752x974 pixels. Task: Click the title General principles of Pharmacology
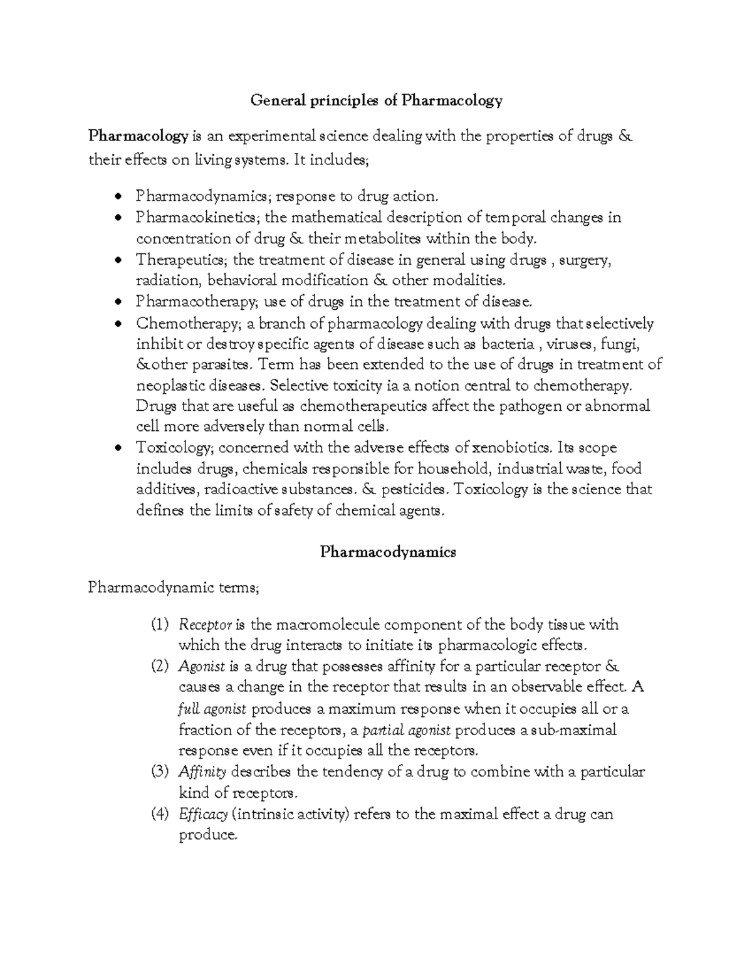[377, 100]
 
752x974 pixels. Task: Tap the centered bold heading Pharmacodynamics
[388, 552]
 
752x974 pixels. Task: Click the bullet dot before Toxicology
[118, 448]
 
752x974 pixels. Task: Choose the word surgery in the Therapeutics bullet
[585, 260]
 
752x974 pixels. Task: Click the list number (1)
[160, 625]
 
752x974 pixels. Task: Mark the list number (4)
[160, 814]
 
